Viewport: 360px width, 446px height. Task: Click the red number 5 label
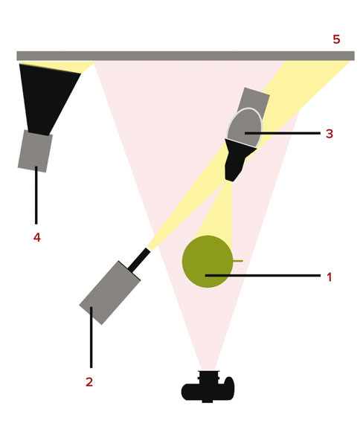(336, 39)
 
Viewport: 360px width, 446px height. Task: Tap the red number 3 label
(330, 133)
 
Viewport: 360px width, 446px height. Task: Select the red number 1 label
(330, 277)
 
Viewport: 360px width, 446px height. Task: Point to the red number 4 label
(37, 237)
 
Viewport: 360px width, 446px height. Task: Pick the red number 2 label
(89, 382)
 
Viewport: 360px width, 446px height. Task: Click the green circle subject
(208, 262)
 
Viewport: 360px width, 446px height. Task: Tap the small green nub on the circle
(238, 261)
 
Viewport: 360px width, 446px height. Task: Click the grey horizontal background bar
(185, 56)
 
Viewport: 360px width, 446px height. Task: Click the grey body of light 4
(35, 151)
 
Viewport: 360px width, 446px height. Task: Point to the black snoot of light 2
(139, 259)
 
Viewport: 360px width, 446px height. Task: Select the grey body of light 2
(110, 293)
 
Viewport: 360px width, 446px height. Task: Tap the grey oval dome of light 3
(245, 127)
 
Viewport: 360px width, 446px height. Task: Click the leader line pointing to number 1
(263, 275)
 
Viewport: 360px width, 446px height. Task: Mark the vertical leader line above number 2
(91, 337)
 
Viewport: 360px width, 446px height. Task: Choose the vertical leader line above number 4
(36, 195)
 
